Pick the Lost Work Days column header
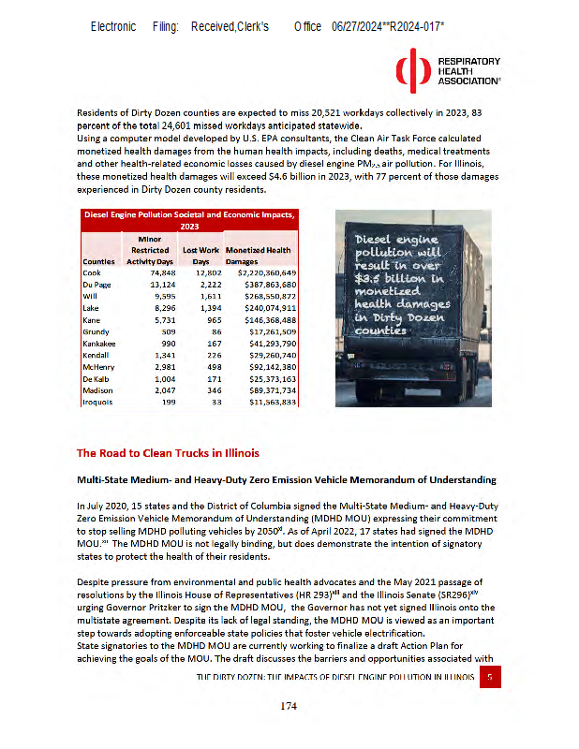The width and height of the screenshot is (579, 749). (200, 256)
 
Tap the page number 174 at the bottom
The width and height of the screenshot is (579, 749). (289, 706)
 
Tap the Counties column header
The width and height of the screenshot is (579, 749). (98, 262)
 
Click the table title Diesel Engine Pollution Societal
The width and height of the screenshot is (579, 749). (189, 214)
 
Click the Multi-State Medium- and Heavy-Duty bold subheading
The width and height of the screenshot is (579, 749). (287, 479)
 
